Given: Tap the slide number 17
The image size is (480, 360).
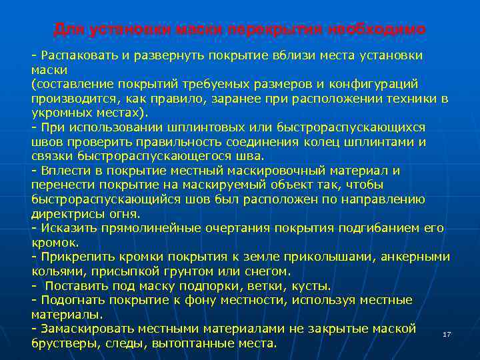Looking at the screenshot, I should tap(447, 334).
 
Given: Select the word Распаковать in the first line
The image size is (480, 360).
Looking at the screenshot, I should tap(78, 54).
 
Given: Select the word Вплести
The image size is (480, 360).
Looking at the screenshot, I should tap(64, 170).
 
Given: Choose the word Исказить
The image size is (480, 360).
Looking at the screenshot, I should tap(67, 228).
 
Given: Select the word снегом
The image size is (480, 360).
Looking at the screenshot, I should tap(269, 271).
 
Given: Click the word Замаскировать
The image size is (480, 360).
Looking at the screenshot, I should tap(86, 329).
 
